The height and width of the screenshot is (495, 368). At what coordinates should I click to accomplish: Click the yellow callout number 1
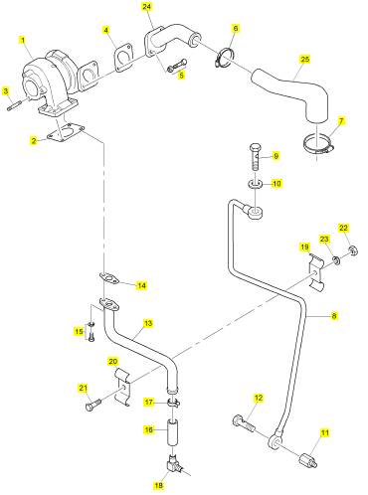(x=23, y=41)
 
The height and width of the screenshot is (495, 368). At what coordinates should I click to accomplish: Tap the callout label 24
(x=147, y=6)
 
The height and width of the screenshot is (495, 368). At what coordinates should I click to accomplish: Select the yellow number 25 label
(x=305, y=59)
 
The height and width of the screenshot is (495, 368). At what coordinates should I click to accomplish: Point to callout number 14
(x=141, y=285)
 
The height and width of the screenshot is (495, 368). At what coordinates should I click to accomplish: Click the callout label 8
(x=334, y=316)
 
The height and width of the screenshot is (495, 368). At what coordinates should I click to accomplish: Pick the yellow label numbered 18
(x=159, y=486)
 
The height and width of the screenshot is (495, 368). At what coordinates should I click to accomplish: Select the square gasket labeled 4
(x=123, y=59)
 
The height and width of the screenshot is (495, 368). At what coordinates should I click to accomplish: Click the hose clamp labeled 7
(x=318, y=145)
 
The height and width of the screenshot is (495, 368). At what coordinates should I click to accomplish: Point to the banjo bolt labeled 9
(x=256, y=156)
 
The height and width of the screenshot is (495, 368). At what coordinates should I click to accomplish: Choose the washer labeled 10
(x=256, y=183)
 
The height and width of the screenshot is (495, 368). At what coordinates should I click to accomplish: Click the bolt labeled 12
(x=244, y=422)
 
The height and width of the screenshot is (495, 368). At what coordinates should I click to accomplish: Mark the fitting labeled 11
(x=308, y=461)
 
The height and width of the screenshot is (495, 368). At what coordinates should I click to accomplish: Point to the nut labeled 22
(x=353, y=250)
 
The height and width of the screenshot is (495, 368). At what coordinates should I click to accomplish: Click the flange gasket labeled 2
(x=66, y=133)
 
